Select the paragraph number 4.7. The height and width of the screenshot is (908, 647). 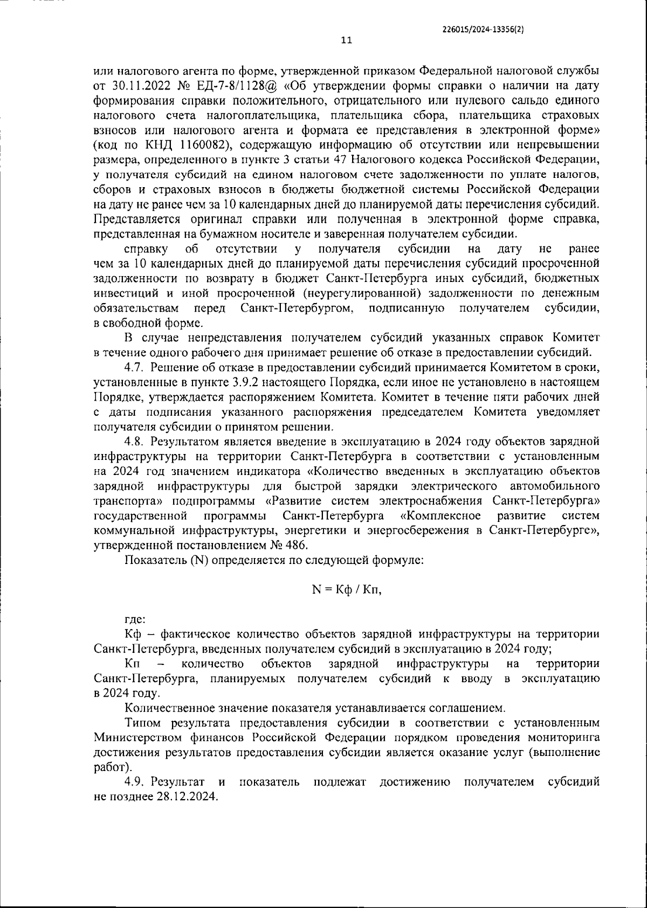tap(134, 368)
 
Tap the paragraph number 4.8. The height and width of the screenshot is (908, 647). tap(134, 442)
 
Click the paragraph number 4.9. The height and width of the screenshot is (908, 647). tap(134, 782)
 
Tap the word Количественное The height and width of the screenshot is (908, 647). tap(170, 707)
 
